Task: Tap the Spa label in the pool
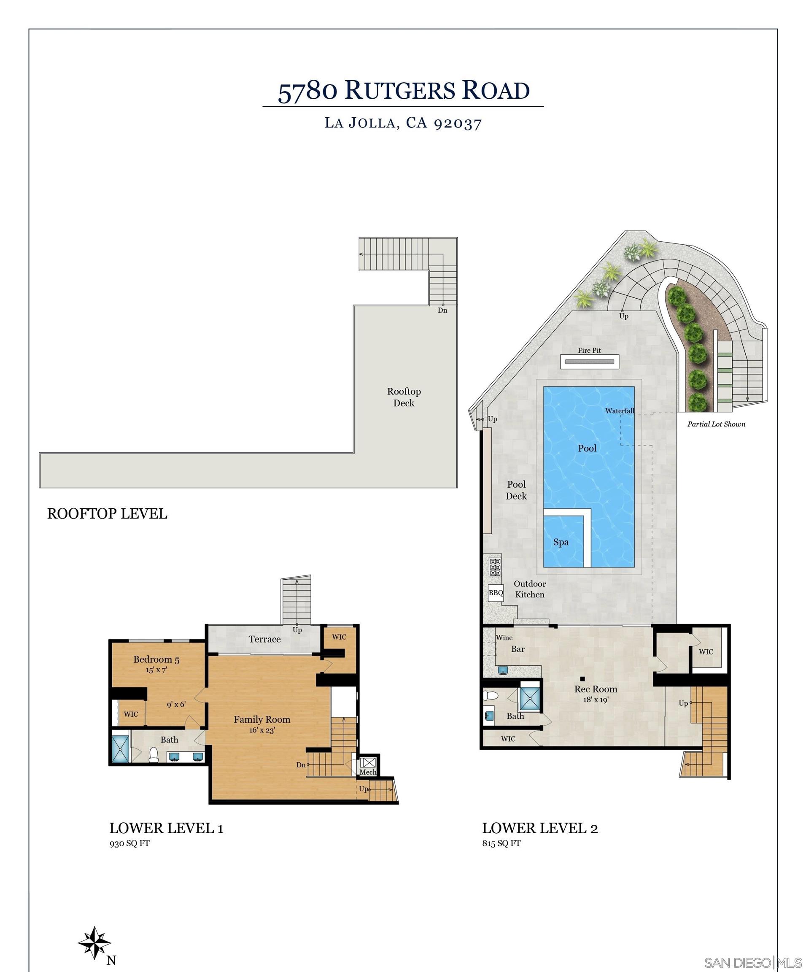point(561,542)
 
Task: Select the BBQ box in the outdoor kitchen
point(496,593)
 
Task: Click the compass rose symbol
point(94,942)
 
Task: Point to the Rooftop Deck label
point(404,397)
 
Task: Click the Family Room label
point(262,720)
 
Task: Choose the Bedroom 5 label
point(156,659)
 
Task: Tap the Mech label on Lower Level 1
point(368,772)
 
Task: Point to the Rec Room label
point(596,689)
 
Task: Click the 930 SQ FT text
point(129,843)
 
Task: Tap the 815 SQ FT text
point(501,843)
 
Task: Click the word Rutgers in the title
point(400,90)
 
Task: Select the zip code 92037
point(458,124)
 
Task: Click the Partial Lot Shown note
point(716,424)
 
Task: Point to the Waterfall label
point(620,410)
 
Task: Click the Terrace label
point(264,639)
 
